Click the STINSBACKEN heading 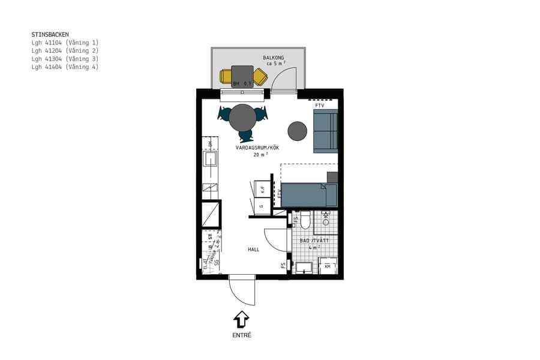click(50, 35)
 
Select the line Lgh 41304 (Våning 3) click(65, 59)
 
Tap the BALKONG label click(273, 58)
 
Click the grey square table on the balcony click(242, 76)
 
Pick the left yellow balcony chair click(226, 76)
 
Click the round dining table click(243, 117)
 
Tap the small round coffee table click(297, 131)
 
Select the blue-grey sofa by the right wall click(325, 131)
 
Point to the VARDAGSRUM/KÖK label click(257, 147)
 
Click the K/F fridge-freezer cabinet click(262, 188)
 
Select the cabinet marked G click(262, 206)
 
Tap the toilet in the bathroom click(305, 222)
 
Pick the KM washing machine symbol click(328, 266)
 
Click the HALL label click(254, 249)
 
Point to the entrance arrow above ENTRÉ click(241, 318)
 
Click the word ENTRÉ click(241, 335)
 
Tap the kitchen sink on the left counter click(210, 158)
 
